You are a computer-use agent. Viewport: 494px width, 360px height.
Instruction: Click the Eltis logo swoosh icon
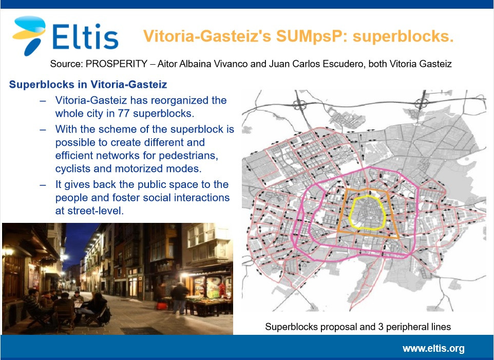click(29, 34)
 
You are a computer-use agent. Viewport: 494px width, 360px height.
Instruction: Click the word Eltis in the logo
click(85, 36)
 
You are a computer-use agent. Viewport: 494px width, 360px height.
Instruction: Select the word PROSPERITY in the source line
click(116, 64)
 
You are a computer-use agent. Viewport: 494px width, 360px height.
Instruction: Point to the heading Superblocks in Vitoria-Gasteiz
click(88, 84)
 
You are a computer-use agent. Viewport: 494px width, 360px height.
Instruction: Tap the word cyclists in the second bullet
click(73, 169)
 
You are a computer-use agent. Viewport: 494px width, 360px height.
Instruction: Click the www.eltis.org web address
click(433, 349)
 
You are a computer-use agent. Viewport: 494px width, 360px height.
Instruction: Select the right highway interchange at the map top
click(421, 103)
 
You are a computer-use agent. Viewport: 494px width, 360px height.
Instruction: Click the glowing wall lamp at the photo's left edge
click(8, 252)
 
